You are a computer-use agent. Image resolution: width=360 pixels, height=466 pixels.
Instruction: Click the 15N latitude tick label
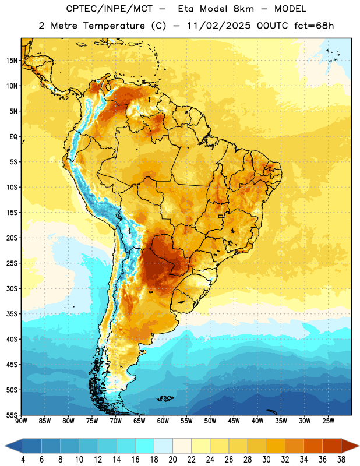[12, 61]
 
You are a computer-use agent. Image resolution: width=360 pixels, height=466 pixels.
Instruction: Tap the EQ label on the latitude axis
[13, 137]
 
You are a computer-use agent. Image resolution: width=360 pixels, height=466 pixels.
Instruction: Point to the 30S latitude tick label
[12, 289]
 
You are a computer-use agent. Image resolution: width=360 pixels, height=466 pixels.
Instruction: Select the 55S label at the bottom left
[12, 415]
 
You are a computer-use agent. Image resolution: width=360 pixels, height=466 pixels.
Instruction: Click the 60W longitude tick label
[163, 421]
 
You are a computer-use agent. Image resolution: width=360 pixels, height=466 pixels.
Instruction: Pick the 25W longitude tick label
[328, 421]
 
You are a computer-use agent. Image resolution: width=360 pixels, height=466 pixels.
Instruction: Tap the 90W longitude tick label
[22, 421]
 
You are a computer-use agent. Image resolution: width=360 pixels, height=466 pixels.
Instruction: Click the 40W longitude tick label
[257, 421]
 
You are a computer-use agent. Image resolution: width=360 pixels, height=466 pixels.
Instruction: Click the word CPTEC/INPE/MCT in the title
[110, 9]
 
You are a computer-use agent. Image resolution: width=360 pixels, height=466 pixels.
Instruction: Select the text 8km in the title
[243, 9]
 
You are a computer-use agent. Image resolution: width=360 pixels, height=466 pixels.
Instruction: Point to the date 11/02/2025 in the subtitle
[219, 26]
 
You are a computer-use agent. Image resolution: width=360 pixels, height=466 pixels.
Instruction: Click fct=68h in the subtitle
[314, 26]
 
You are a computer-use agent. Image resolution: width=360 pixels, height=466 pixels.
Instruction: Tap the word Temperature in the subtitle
[114, 26]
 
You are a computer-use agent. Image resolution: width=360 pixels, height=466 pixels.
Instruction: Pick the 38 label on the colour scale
[341, 460]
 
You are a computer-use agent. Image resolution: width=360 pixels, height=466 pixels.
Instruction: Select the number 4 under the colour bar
[23, 460]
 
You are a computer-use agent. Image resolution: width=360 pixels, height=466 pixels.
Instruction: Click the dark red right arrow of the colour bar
[350, 446]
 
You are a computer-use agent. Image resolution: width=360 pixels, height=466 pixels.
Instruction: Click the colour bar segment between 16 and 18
[145, 446]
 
